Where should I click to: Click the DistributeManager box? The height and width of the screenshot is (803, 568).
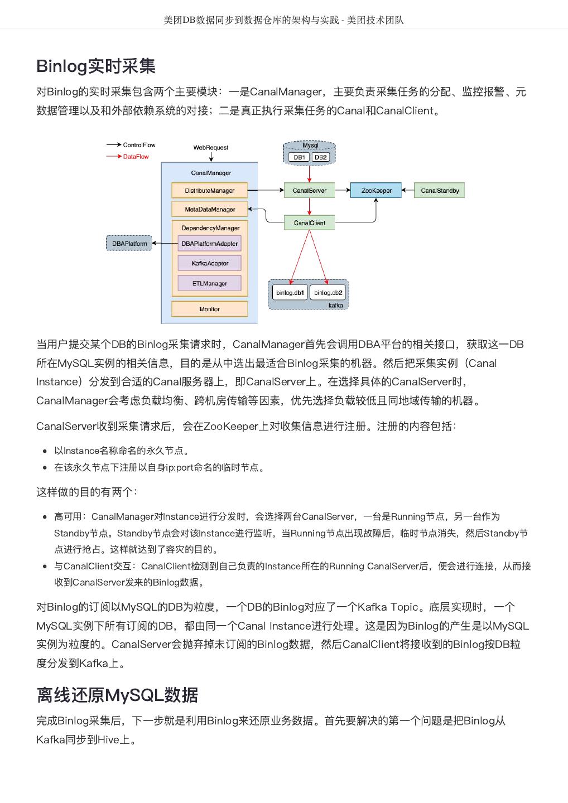click(x=209, y=191)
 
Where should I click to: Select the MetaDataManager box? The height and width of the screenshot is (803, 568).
click(x=210, y=210)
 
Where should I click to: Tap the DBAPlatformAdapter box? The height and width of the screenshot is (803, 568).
click(x=209, y=244)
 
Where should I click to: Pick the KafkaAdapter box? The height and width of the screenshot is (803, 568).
click(x=210, y=263)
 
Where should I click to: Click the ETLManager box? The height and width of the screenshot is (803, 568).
click(x=210, y=283)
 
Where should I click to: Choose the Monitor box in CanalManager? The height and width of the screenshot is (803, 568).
click(x=209, y=309)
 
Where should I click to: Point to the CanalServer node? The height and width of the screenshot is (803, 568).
click(x=309, y=191)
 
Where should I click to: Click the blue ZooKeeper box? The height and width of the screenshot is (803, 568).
click(x=377, y=191)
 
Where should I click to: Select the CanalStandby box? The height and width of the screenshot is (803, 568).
click(x=440, y=191)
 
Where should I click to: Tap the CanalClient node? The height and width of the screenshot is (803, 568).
click(x=309, y=223)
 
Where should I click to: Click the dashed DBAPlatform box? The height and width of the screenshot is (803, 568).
click(x=129, y=244)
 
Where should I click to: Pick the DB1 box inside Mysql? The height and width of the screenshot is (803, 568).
click(x=300, y=157)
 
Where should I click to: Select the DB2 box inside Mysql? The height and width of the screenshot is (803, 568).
click(x=321, y=157)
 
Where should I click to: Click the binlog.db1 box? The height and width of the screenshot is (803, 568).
click(x=290, y=293)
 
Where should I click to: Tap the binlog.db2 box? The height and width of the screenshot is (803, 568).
click(x=328, y=293)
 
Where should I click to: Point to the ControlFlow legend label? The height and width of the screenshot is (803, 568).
click(x=139, y=145)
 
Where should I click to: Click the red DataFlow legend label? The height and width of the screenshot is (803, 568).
click(x=136, y=157)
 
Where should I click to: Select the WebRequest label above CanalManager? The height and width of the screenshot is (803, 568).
click(x=211, y=148)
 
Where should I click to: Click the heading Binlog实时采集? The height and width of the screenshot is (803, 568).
click(x=96, y=66)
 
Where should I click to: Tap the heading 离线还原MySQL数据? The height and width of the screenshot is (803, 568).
click(x=117, y=695)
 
